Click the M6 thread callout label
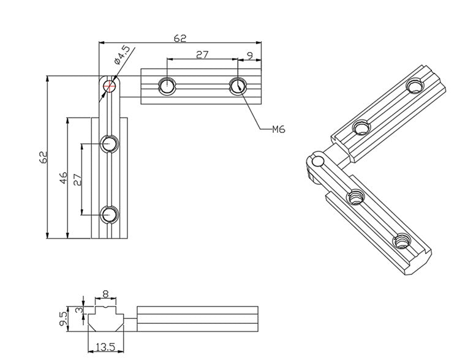click(x=278, y=129)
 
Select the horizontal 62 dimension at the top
click(x=179, y=38)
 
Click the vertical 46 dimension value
click(x=63, y=178)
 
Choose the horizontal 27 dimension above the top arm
click(x=202, y=54)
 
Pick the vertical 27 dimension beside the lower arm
click(x=77, y=179)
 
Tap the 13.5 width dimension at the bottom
click(x=106, y=348)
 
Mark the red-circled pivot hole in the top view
click(x=110, y=86)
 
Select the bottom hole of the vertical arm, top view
click(x=110, y=214)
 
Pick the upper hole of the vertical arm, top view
click(x=110, y=144)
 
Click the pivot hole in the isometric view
click(x=317, y=161)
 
